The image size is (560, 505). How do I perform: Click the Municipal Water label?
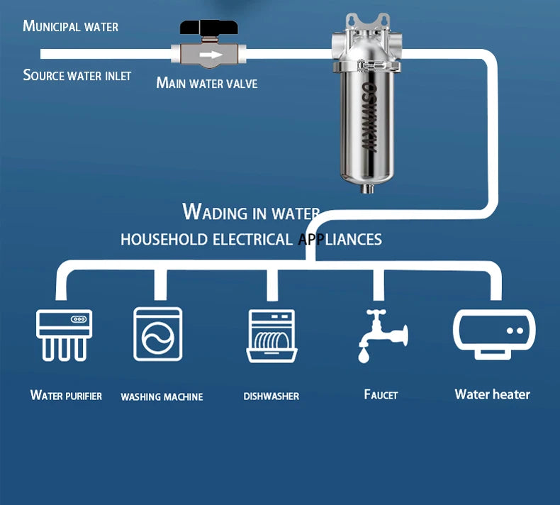[70, 26]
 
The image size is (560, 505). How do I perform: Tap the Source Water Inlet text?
[77, 75]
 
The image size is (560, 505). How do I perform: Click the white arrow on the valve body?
[211, 55]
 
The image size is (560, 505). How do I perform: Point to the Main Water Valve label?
[206, 83]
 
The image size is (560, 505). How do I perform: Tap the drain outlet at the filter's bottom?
[367, 188]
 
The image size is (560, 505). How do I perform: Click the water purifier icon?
[65, 334]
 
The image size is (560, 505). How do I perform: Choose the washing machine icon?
[158, 334]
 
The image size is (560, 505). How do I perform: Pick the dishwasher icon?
[271, 335]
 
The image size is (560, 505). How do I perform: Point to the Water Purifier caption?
[66, 395]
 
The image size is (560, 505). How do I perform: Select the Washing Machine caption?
[162, 396]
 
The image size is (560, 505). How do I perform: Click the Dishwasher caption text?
[271, 396]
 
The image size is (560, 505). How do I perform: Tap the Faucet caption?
[381, 394]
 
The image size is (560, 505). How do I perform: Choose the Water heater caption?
[492, 394]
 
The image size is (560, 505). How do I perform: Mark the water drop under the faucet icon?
[364, 355]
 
